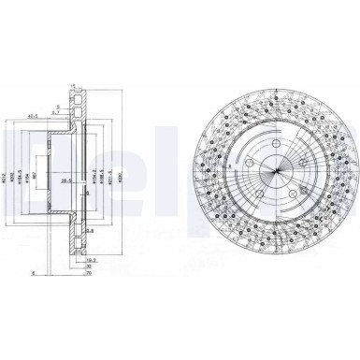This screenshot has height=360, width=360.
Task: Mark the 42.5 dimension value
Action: (34, 116)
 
